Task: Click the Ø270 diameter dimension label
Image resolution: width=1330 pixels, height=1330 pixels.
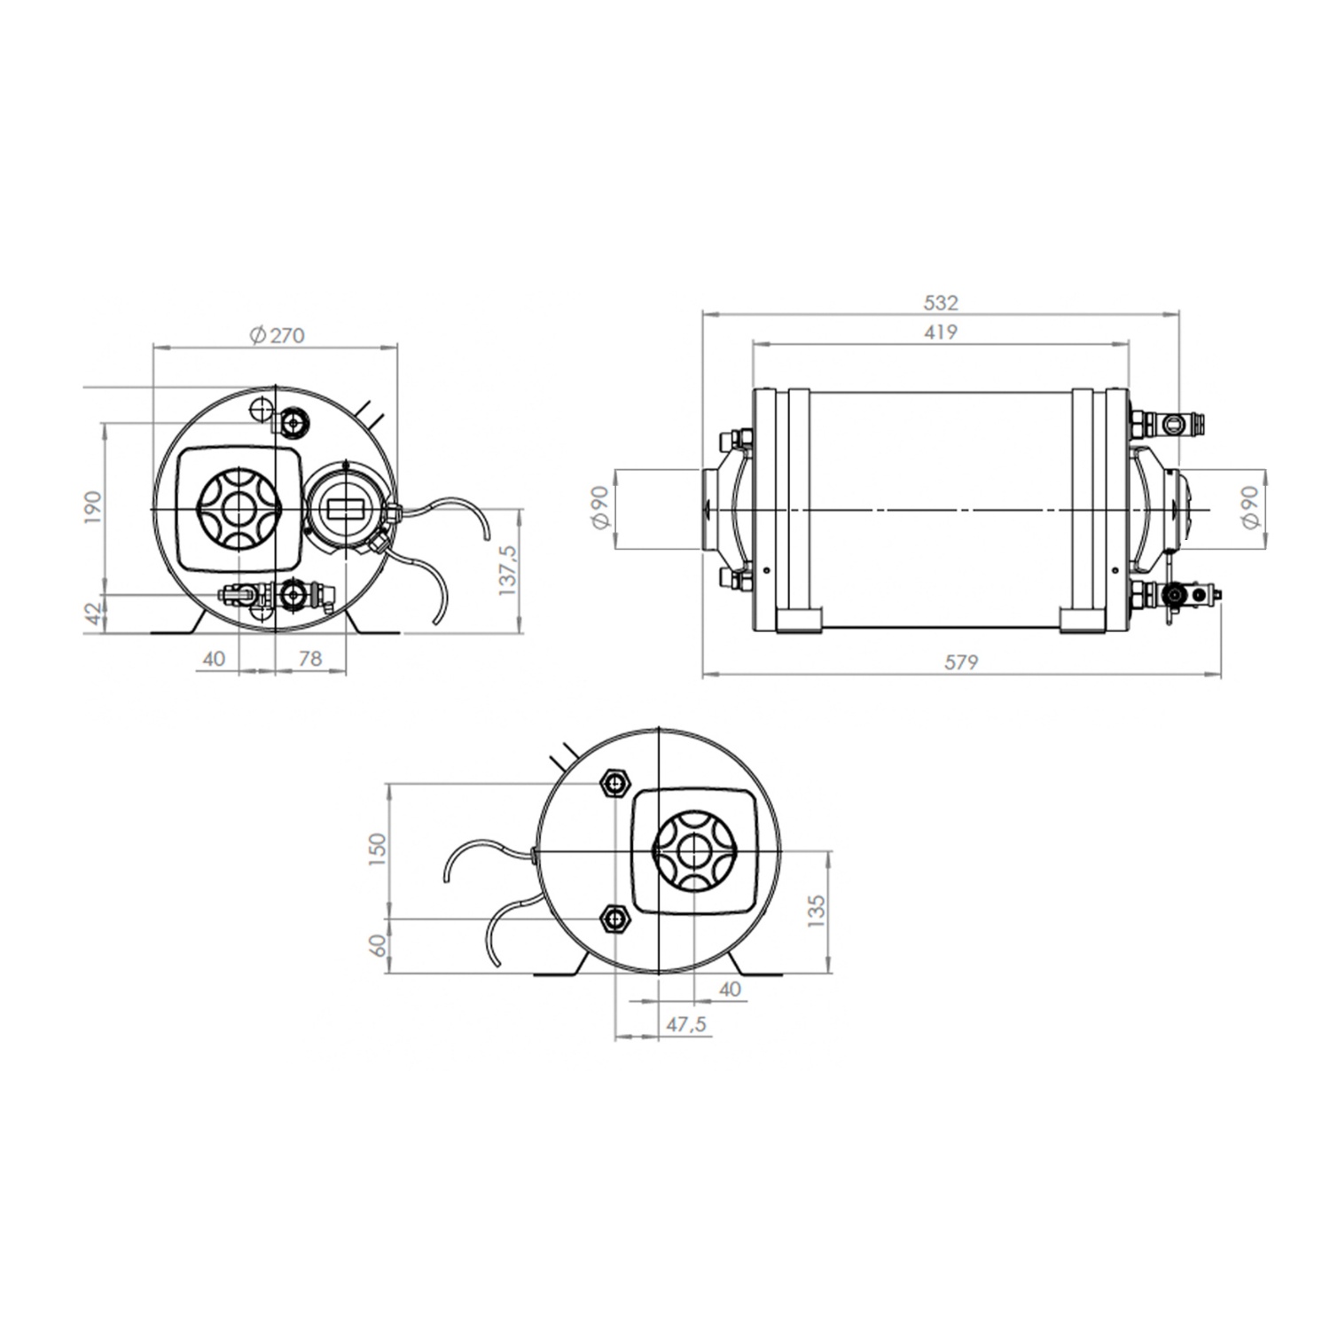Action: click(277, 335)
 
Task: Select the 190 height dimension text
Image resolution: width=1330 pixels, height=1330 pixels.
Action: click(95, 508)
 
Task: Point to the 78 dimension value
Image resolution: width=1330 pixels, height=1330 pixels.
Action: click(309, 658)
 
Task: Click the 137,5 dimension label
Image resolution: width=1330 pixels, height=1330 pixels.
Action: click(508, 569)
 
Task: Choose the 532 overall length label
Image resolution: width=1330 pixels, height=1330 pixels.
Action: click(941, 302)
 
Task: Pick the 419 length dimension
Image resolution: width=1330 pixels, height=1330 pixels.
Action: click(941, 332)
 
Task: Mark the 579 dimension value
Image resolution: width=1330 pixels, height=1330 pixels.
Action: click(961, 661)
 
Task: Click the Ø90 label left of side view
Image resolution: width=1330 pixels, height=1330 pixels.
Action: click(600, 508)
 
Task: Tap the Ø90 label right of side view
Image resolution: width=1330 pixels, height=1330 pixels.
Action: click(1251, 508)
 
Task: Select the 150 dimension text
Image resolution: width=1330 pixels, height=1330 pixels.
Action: click(379, 849)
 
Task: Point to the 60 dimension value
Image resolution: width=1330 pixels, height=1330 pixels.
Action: click(379, 945)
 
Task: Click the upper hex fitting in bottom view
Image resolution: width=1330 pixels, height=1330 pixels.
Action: click(614, 783)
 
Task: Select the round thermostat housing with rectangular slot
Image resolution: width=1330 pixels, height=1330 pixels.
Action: click(346, 509)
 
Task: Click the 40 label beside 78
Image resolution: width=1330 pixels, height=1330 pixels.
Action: click(215, 658)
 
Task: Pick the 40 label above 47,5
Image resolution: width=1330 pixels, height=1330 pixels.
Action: click(730, 989)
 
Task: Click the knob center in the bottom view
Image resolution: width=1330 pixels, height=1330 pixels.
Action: click(692, 851)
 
